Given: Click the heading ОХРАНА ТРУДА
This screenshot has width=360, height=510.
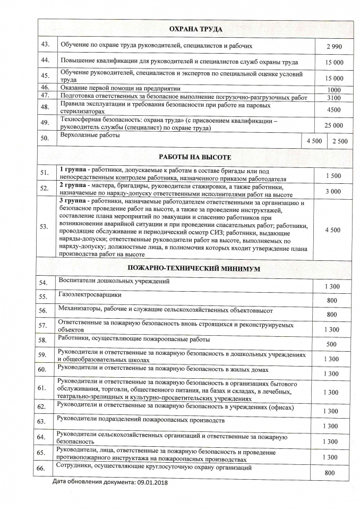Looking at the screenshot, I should coord(195,29).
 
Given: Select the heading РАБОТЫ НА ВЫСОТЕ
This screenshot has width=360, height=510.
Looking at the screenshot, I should coord(195,157).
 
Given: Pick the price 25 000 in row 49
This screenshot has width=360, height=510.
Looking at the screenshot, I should coord(334,125).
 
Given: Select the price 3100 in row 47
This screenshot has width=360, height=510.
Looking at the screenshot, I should coord(334,98).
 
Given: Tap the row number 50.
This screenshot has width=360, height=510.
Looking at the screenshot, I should coord(45,139).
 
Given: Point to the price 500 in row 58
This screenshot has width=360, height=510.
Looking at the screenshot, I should coord(331,344).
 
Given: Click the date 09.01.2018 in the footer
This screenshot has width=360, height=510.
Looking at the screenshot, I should coord(150,482).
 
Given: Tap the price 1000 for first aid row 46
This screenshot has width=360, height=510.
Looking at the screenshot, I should coord(334,90).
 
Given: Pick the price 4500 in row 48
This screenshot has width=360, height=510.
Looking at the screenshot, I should coord(334,110).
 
